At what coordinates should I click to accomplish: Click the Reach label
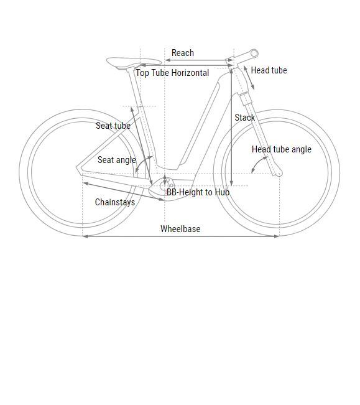click(x=182, y=53)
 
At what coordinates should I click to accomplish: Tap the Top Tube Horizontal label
click(x=172, y=73)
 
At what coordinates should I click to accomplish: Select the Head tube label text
click(x=269, y=70)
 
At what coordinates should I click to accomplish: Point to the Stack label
click(x=244, y=118)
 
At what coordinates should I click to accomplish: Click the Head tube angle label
click(x=282, y=149)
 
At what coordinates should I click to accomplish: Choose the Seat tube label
click(x=113, y=126)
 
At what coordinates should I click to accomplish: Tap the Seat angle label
click(x=117, y=160)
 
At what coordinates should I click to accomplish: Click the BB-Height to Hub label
click(x=198, y=192)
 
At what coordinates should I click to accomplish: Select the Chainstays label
click(x=115, y=202)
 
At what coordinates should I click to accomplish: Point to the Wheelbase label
click(x=180, y=228)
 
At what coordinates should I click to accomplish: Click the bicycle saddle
click(x=134, y=63)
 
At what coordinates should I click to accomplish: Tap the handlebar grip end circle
click(x=254, y=54)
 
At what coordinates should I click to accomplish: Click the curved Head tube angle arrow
click(x=258, y=163)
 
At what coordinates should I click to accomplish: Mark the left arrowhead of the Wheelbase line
click(x=85, y=236)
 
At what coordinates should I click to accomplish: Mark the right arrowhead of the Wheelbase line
click(x=277, y=236)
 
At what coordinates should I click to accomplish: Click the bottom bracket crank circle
click(x=165, y=185)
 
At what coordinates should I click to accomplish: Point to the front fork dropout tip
click(x=279, y=175)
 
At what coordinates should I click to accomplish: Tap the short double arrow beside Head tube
click(x=249, y=78)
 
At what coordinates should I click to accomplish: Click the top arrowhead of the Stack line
click(x=231, y=71)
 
